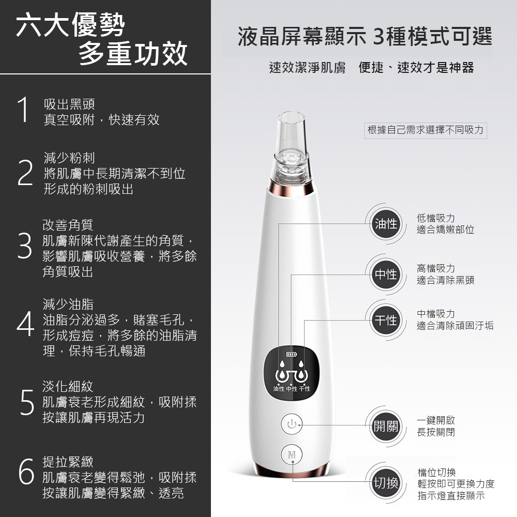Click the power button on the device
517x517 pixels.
click(292, 424)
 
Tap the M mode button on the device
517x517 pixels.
click(292, 455)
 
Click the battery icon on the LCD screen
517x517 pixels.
click(292, 355)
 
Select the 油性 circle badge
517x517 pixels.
click(386, 224)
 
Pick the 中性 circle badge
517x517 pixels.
click(386, 275)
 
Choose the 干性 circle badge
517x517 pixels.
click(386, 320)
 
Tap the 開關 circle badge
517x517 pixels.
click(386, 427)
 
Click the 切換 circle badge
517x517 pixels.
click(386, 483)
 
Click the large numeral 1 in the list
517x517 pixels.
click(23, 110)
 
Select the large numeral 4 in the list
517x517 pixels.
click(25, 324)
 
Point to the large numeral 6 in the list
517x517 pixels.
click(26, 471)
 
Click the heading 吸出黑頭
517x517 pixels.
click(69, 104)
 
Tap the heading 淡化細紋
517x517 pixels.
click(68, 386)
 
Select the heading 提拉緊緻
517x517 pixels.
click(68, 462)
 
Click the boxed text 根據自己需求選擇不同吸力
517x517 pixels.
click(425, 130)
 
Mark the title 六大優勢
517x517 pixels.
click(70, 24)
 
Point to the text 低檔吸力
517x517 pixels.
click(436, 218)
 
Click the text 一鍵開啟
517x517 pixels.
click(436, 420)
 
